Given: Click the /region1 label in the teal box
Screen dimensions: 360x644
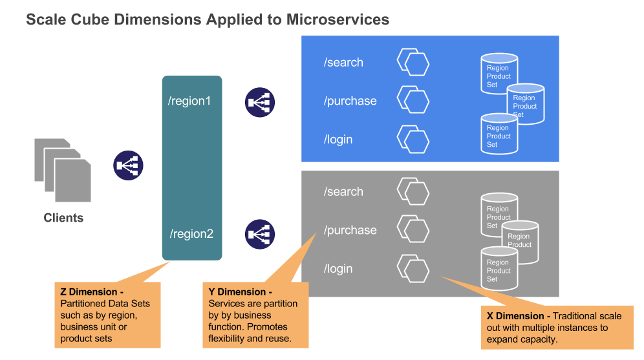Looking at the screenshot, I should click(189, 101).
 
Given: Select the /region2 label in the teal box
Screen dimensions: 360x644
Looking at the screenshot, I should click(191, 234).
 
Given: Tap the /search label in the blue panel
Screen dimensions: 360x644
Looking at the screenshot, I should click(343, 63).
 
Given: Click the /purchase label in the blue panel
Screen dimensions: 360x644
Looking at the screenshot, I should click(350, 101).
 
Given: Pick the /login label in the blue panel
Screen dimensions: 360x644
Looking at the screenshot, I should click(338, 140).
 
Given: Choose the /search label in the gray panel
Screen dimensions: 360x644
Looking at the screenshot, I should click(343, 192).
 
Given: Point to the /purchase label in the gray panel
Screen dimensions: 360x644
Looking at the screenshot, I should click(350, 230).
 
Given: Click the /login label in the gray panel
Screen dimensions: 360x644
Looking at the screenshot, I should click(338, 269).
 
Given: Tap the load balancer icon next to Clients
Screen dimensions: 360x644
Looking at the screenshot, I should click(128, 165).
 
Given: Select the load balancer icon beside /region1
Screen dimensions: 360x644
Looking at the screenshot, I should click(260, 102).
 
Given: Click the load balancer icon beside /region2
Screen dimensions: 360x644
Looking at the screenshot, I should click(260, 234).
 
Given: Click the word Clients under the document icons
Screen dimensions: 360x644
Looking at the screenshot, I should click(63, 218).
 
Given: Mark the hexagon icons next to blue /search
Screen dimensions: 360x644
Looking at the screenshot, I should click(413, 63).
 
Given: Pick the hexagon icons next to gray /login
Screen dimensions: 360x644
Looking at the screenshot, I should click(413, 268).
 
